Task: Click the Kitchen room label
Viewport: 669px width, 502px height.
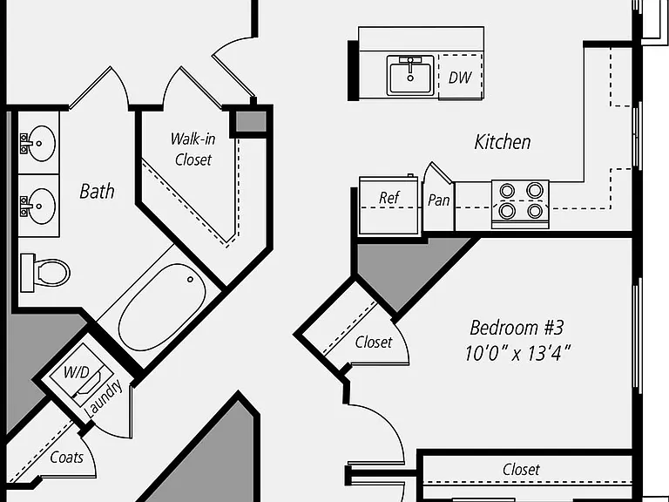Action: click(x=503, y=142)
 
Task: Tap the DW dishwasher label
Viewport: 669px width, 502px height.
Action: click(x=460, y=78)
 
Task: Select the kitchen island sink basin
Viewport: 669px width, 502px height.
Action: click(x=410, y=76)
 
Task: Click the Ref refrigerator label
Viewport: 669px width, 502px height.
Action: click(x=389, y=198)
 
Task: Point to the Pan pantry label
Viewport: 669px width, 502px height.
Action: click(x=439, y=200)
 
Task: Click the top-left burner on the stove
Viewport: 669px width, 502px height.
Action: click(x=507, y=191)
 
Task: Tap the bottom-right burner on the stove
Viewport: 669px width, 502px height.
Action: click(x=535, y=210)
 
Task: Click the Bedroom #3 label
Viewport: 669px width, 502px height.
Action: click(x=517, y=328)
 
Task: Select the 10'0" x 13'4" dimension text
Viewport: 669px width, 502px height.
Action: click(x=517, y=354)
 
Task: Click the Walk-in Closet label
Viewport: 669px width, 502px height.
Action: click(x=193, y=149)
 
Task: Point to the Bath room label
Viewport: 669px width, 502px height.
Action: click(x=97, y=191)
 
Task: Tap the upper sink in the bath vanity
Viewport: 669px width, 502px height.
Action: click(x=38, y=144)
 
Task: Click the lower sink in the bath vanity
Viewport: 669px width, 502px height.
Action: click(x=38, y=207)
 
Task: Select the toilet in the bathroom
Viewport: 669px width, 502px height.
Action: click(x=45, y=272)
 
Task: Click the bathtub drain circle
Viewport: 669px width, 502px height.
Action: click(x=190, y=280)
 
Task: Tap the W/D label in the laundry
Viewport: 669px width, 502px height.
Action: click(x=77, y=372)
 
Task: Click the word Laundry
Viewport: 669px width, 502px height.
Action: click(x=104, y=399)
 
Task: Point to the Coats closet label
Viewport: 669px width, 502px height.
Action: click(x=66, y=458)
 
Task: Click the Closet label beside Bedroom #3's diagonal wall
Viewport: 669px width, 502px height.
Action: click(x=374, y=343)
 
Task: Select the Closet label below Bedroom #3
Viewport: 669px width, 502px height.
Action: click(x=521, y=470)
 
